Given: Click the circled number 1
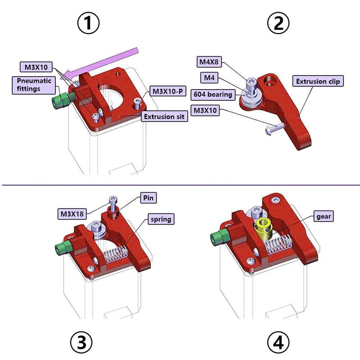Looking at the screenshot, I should point(88,23).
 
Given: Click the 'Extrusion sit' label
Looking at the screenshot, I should point(165,117).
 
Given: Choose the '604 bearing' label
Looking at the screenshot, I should point(213,94).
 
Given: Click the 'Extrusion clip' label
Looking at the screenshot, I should point(319,81).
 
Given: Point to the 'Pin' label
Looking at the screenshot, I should point(148,198).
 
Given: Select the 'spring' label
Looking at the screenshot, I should point(160,219).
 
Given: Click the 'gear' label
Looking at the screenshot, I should point(324,216).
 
